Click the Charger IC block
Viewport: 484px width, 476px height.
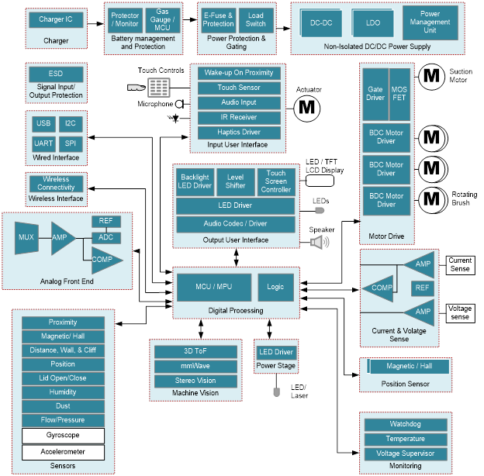coord(56,19)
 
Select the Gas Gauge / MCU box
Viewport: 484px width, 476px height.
coord(162,19)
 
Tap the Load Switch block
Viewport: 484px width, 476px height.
coord(255,19)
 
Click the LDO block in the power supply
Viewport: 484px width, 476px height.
coord(373,22)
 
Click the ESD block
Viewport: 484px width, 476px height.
coord(56,74)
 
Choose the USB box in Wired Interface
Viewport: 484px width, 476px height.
coord(43,123)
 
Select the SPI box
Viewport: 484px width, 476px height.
coord(70,143)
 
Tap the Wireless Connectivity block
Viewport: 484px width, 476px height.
coord(56,183)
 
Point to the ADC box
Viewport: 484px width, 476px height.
coord(106,236)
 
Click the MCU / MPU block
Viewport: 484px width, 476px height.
coord(213,287)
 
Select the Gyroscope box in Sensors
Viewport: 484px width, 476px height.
coord(63,435)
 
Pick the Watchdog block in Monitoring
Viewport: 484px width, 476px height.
coord(406,424)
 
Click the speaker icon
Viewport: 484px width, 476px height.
coord(319,242)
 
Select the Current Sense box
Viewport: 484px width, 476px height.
coord(460,265)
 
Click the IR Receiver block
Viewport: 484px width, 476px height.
coord(239,117)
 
